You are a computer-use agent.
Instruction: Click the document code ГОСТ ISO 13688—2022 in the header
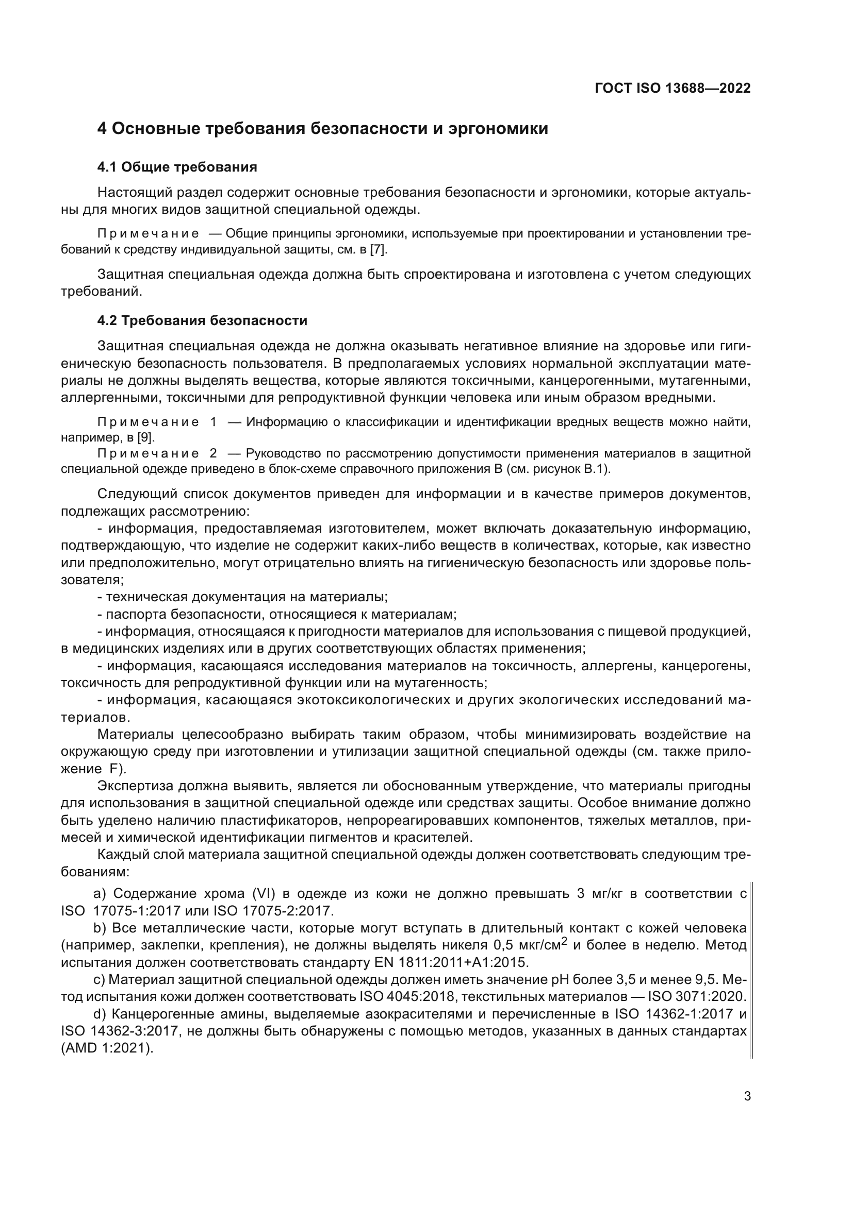click(672, 88)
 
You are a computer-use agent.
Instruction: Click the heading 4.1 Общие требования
click(177, 167)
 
